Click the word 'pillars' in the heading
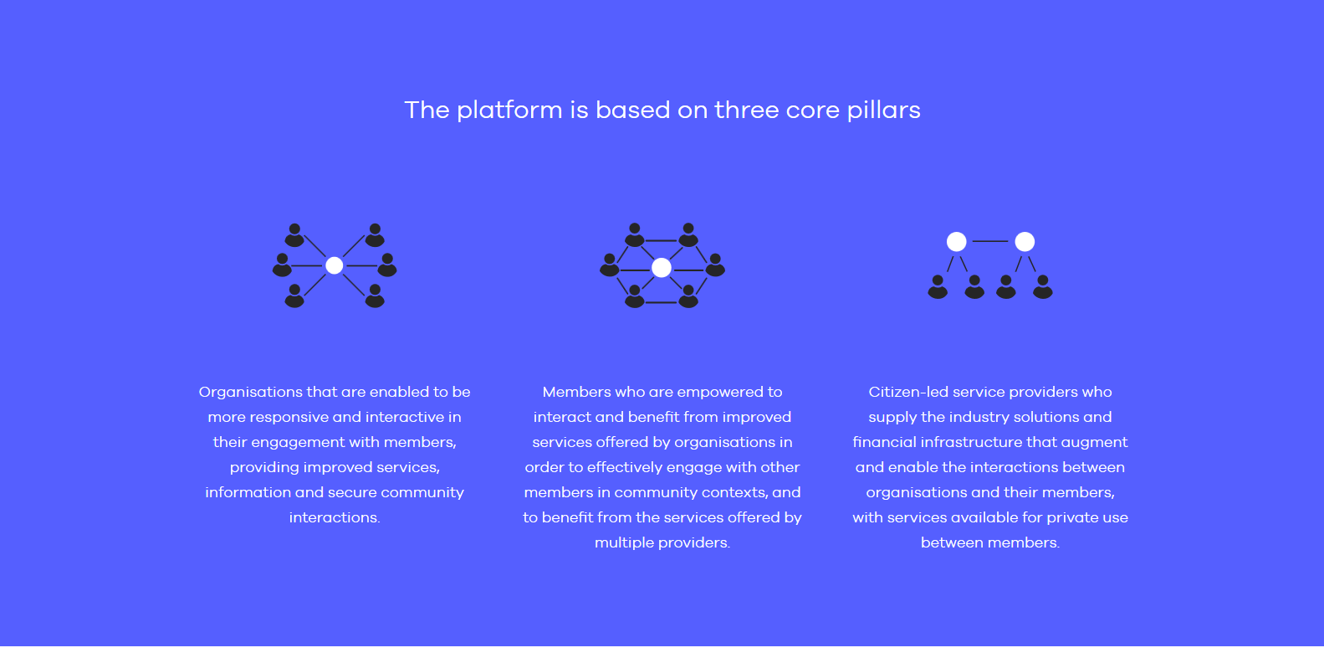[x=884, y=111]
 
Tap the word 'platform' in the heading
[x=509, y=111]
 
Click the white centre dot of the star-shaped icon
[x=335, y=265]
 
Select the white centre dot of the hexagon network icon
[x=662, y=268]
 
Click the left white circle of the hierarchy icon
[x=956, y=241]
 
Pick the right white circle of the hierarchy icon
[x=1025, y=241]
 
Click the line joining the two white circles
[x=990, y=241]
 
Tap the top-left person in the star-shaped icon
[x=294, y=235]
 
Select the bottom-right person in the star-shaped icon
[x=375, y=296]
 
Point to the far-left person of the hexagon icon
[x=610, y=265]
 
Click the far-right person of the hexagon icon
[x=715, y=265]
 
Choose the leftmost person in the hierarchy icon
[x=938, y=287]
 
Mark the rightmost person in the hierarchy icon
[x=1043, y=287]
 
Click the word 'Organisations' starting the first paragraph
[x=251, y=393]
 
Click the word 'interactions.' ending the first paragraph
[x=335, y=517]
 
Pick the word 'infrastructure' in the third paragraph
[x=971, y=443]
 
